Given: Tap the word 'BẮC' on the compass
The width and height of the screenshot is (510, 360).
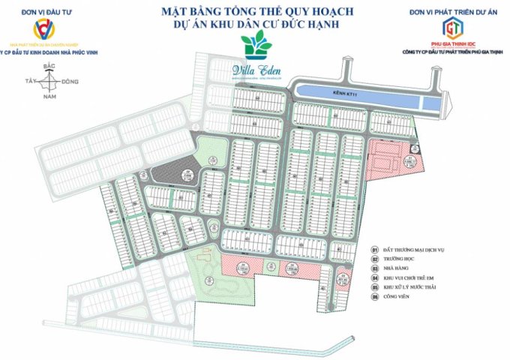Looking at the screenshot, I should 50,67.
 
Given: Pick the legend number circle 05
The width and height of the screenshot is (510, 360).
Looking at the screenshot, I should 375,287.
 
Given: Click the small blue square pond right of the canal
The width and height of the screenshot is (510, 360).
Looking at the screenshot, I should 429,104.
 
